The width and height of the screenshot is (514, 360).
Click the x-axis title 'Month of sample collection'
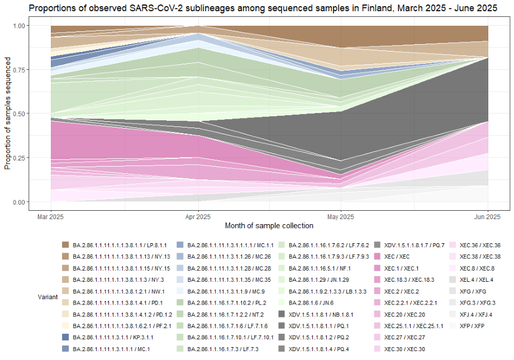[x=269, y=226]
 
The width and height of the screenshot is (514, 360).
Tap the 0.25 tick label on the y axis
[x=35, y=158]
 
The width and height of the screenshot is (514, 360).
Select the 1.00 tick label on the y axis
[x=35, y=26]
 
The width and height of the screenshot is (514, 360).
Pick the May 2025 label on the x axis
[x=342, y=216]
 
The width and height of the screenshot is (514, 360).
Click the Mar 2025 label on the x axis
[x=51, y=216]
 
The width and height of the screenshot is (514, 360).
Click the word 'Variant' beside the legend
[x=49, y=297]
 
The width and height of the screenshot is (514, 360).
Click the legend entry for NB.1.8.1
[x=322, y=314]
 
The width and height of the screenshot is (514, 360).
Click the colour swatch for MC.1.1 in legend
[x=179, y=245]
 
